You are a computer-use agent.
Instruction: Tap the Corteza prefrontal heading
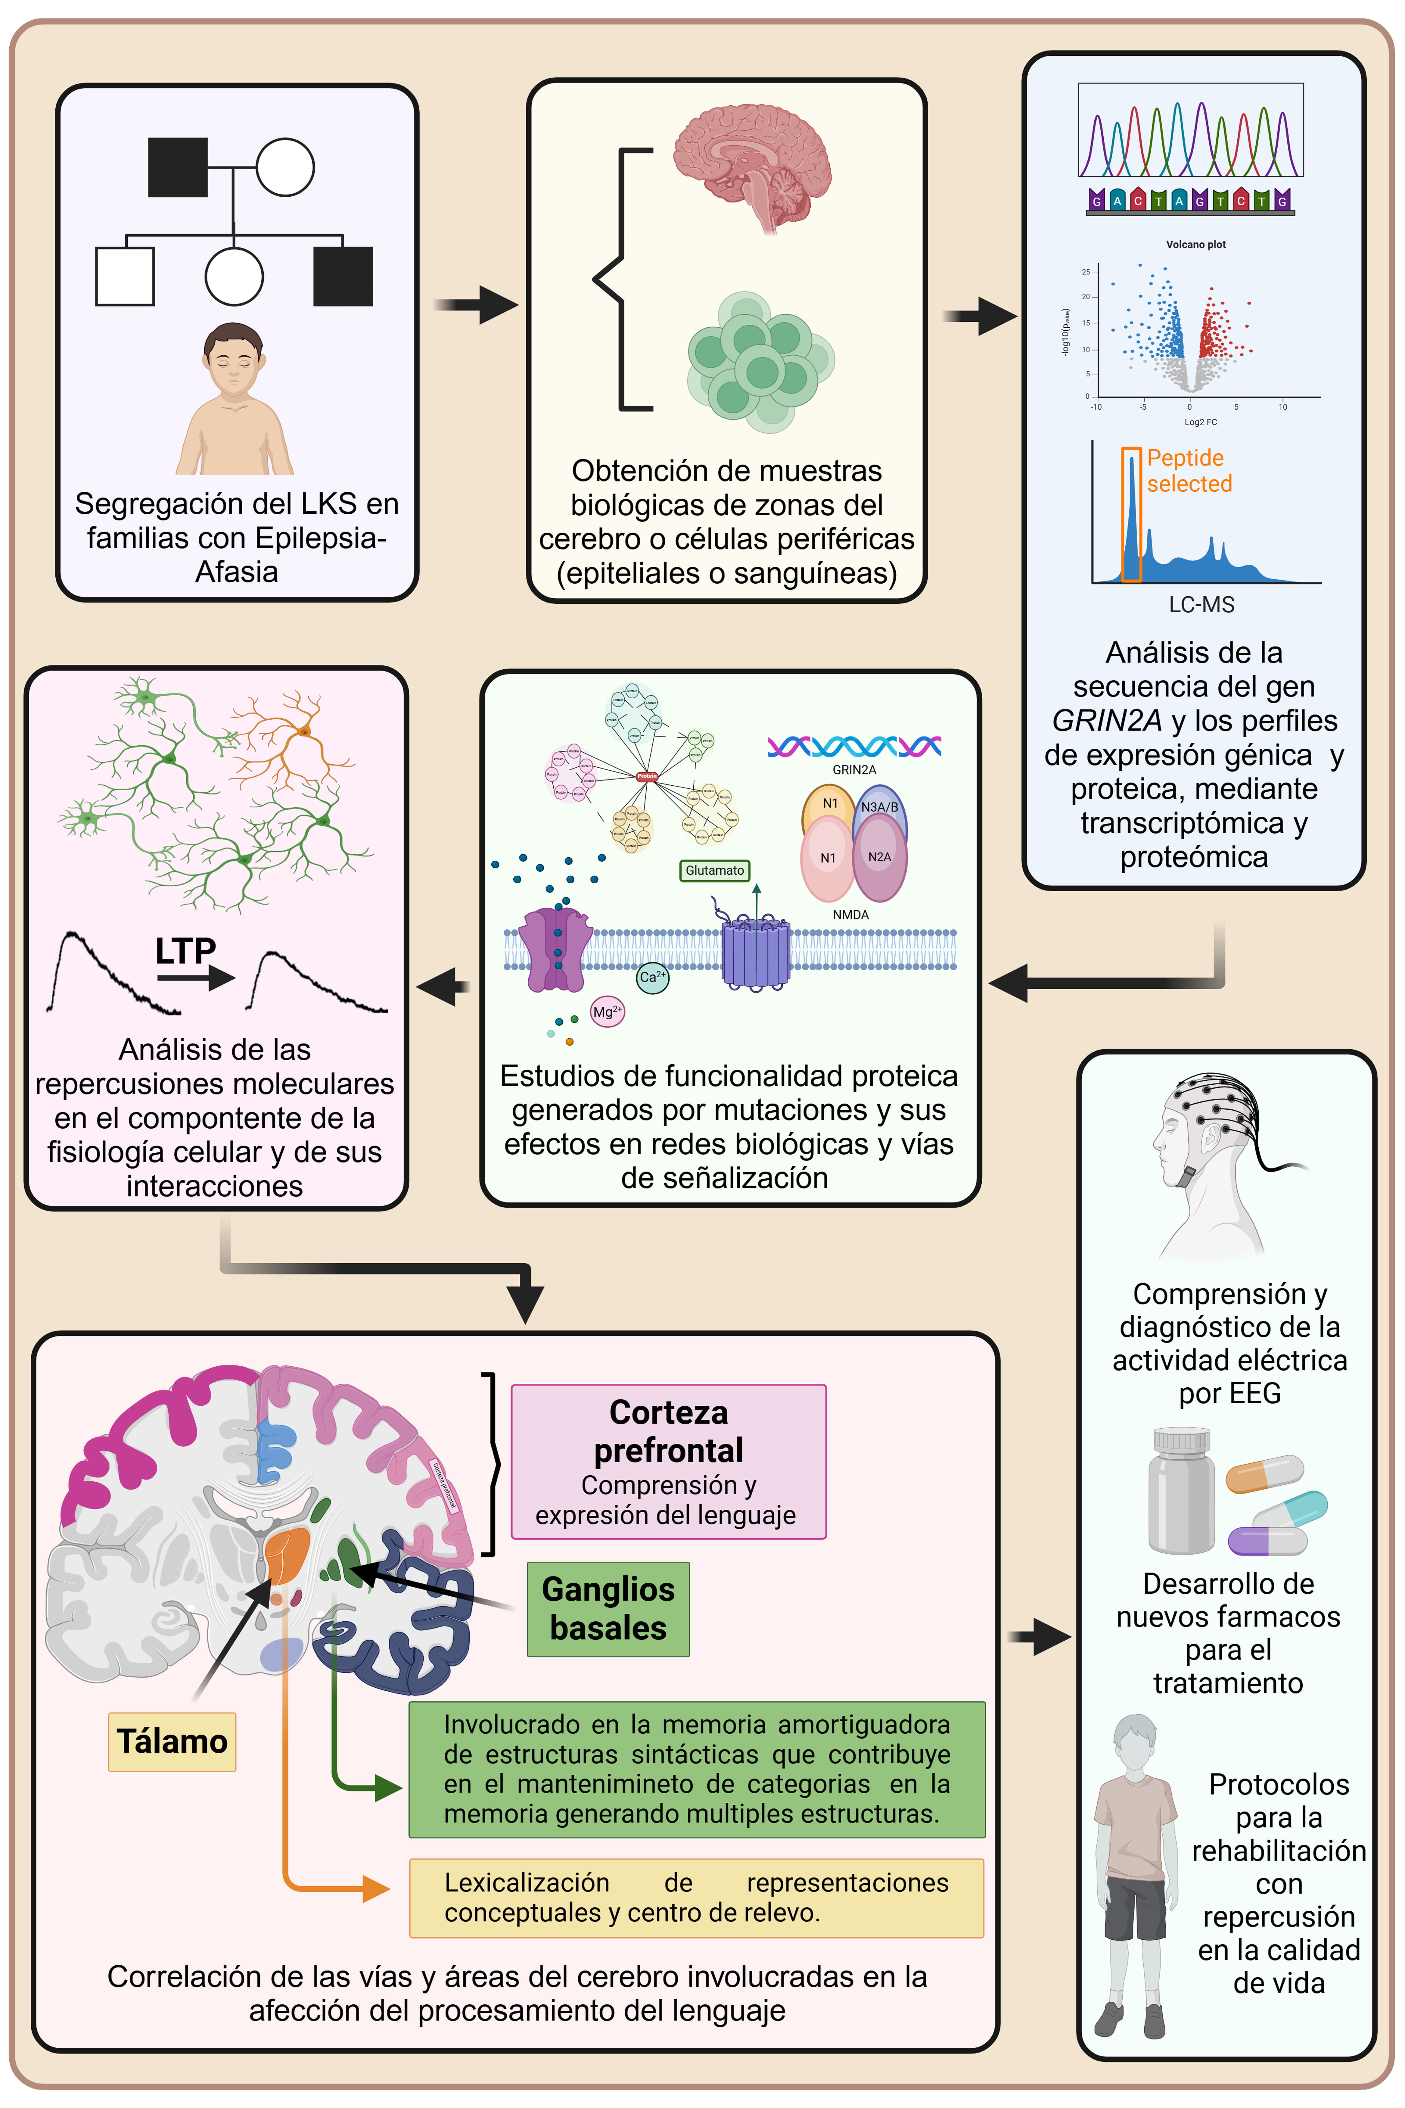coord(668,1430)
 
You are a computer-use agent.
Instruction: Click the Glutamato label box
coord(714,870)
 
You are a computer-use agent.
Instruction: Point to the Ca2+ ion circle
coord(652,977)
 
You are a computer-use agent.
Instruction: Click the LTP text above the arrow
coord(185,950)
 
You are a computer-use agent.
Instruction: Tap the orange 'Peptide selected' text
coord(1188,470)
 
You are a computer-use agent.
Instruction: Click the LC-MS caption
coord(1201,605)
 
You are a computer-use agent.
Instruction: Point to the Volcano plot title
coord(1195,245)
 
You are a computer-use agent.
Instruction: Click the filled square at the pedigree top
coord(177,168)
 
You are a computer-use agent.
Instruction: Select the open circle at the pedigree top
coord(285,168)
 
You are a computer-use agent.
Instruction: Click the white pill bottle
coord(1181,1492)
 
